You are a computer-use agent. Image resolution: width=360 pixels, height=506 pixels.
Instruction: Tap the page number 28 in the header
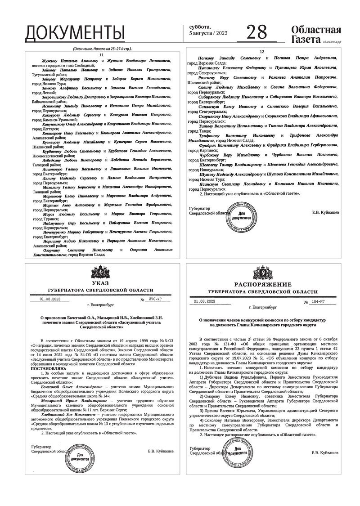pos(257,32)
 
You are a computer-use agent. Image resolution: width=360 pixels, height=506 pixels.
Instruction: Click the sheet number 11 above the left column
pos(101,54)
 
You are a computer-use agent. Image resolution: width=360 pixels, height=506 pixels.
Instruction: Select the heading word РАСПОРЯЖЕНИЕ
pos(262,284)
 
